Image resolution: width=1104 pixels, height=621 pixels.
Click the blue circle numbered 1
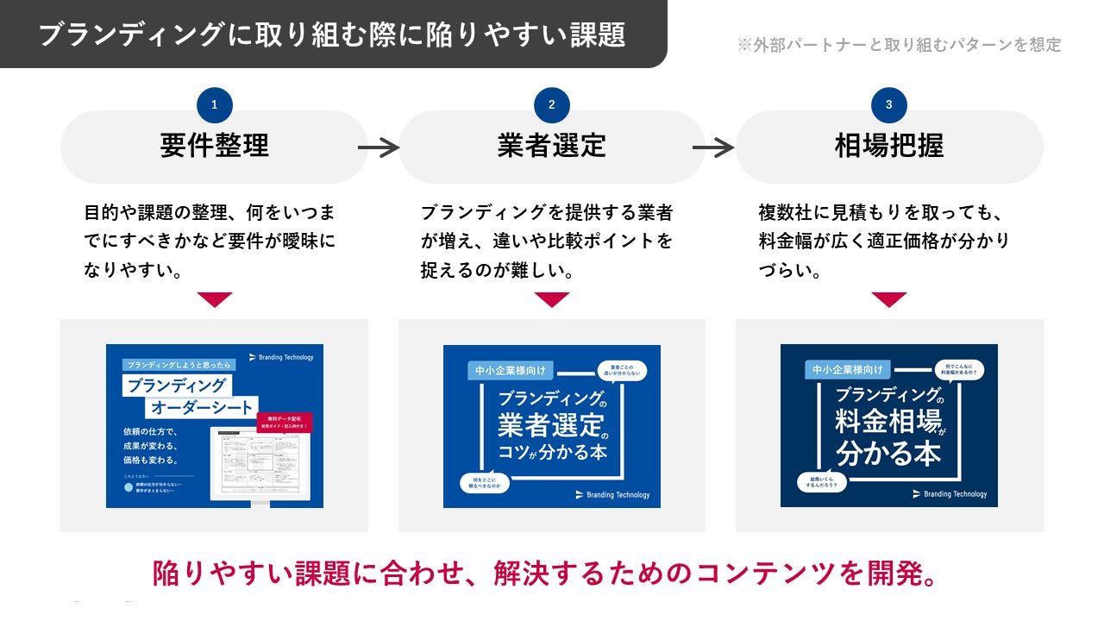215,105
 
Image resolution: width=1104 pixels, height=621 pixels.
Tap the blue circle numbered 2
552,105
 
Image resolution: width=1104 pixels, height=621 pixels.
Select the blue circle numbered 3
889,105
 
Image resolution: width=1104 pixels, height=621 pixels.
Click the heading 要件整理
214,146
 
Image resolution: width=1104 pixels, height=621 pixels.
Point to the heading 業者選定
552,146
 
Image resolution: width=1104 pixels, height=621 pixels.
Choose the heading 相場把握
889,146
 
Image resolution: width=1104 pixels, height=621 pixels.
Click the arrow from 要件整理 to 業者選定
379,148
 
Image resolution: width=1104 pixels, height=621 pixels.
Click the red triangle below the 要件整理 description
215,299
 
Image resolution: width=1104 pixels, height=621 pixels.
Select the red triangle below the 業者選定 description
552,299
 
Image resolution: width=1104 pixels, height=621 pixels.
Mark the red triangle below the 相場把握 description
889,299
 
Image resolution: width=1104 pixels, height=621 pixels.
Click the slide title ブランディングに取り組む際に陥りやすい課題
332,34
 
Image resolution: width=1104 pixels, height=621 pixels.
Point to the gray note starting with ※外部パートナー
899,45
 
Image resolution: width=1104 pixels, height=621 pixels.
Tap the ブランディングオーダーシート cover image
215,426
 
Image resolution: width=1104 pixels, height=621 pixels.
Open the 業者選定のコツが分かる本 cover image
552,426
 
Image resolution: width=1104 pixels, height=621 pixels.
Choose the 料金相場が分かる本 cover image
889,426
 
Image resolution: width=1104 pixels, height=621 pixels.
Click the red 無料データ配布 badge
285,422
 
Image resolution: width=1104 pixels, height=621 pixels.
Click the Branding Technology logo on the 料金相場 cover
950,494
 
